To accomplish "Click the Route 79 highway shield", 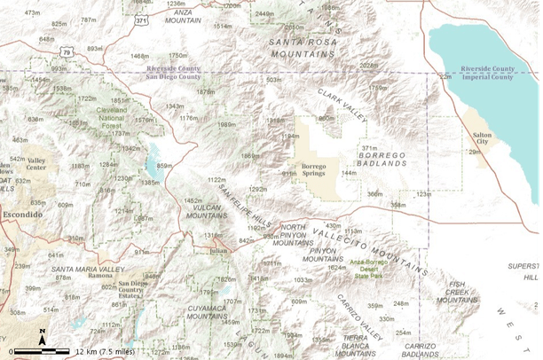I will [x=67, y=54].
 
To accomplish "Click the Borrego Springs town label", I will [x=316, y=170].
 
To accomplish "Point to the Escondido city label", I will [x=22, y=215].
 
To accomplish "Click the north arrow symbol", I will [x=42, y=337].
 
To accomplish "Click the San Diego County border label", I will [x=174, y=77].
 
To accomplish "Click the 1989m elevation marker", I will [x=226, y=124].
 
